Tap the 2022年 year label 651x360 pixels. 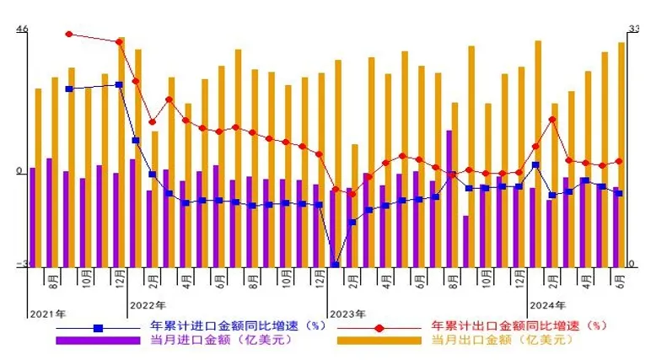[148, 304]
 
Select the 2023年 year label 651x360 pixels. [347, 314]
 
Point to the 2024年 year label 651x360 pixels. [546, 304]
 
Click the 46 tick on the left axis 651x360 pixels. [22, 30]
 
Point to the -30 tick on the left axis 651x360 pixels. [20, 264]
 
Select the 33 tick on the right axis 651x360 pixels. [633, 30]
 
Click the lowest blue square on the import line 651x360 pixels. [335, 265]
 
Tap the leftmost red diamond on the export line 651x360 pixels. [69, 35]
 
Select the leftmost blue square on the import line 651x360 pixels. [69, 89]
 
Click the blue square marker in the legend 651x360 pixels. [98, 327]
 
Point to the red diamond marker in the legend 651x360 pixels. [379, 327]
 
